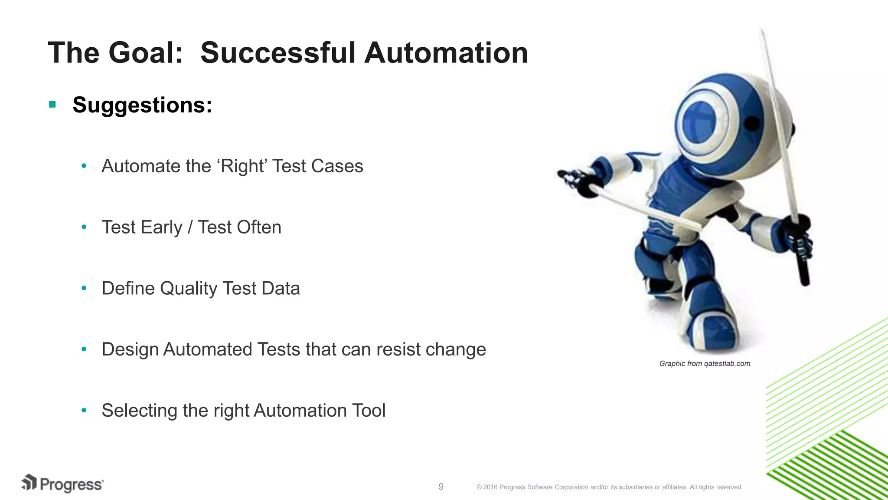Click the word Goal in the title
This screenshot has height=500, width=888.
pos(146,53)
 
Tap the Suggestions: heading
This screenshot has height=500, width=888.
pos(142,105)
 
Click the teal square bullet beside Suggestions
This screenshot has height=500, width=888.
pos(52,105)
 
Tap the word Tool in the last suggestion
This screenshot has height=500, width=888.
pos(369,411)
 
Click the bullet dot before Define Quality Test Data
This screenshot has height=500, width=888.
pos(84,288)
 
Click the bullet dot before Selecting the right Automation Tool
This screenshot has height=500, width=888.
pos(84,410)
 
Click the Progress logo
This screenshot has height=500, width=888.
pos(62,484)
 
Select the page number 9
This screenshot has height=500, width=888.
pos(441,487)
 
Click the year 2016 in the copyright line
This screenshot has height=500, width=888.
pos(490,487)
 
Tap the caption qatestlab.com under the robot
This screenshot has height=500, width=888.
pos(727,364)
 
